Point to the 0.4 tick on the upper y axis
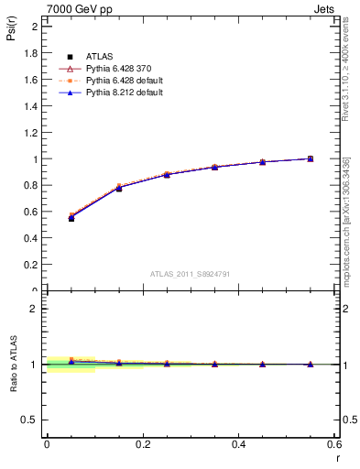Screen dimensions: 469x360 click(32, 238)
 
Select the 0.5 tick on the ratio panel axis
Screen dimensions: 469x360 click(31, 420)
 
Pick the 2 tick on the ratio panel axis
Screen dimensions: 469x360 click(36, 309)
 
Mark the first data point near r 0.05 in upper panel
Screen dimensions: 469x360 click(71, 218)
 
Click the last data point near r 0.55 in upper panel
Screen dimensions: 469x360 click(311, 158)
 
